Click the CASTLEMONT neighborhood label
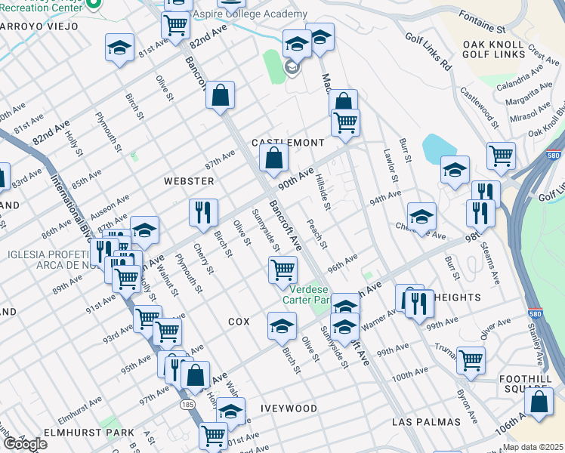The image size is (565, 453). (287, 143)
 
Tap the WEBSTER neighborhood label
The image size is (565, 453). (189, 181)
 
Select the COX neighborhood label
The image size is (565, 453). (239, 322)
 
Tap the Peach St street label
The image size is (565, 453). (317, 234)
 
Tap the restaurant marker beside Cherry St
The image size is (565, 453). (202, 213)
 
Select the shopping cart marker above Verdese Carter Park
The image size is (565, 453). (282, 268)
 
